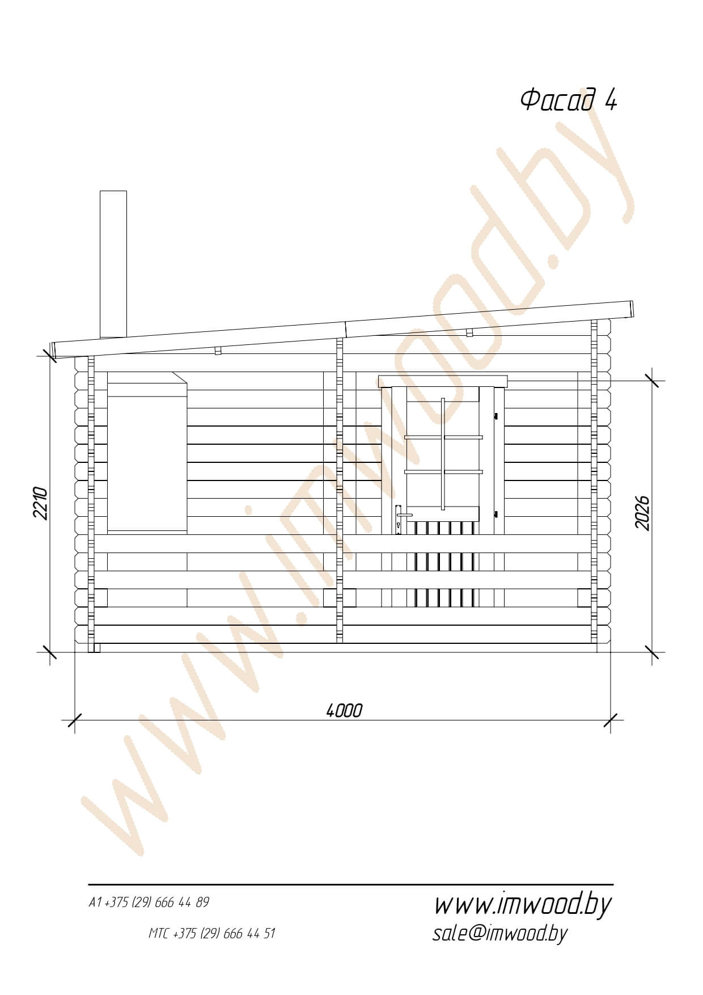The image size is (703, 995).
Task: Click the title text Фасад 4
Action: [x=568, y=100]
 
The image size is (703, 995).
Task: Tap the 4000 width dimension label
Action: [x=344, y=710]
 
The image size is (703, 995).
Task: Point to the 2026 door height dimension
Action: [x=642, y=513]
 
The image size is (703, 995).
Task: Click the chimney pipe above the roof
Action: [x=113, y=264]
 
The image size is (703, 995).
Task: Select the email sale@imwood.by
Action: [x=499, y=933]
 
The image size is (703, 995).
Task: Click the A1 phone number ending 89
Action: [x=149, y=903]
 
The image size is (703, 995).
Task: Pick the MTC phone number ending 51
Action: [x=211, y=933]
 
